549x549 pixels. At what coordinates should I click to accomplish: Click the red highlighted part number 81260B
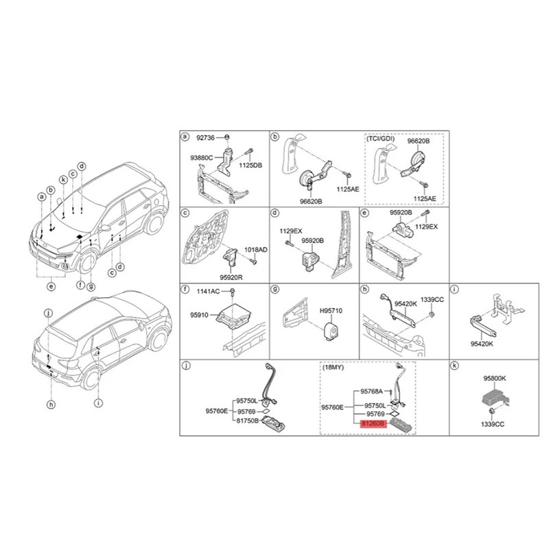pos(369,425)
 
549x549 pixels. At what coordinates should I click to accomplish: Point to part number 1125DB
pos(250,165)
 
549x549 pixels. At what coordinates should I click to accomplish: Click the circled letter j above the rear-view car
pos(48,314)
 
